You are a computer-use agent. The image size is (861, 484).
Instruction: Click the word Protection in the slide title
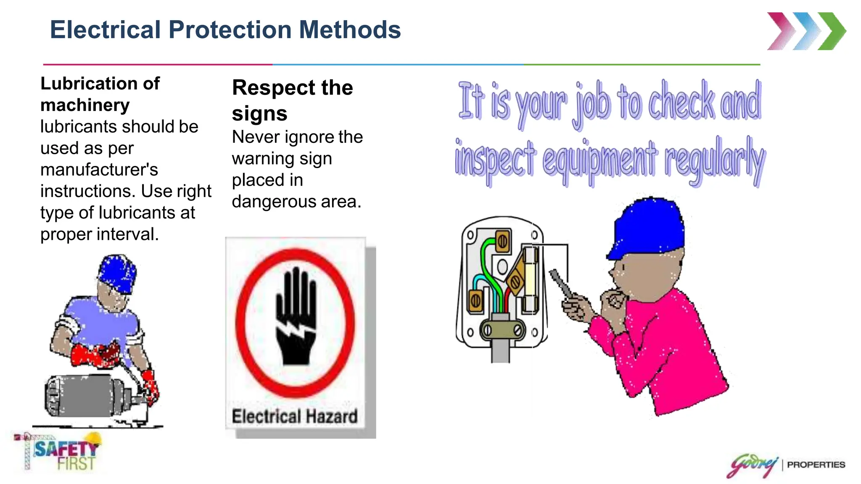click(230, 30)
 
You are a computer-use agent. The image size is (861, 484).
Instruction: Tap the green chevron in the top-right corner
click(833, 32)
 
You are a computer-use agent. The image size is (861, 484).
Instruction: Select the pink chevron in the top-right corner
click(781, 32)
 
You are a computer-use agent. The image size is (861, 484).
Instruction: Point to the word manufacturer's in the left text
click(99, 170)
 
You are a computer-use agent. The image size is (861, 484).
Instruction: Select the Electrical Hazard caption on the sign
click(295, 416)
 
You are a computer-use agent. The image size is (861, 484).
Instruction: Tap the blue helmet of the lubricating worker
click(117, 273)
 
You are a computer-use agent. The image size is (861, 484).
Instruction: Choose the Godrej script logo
click(753, 465)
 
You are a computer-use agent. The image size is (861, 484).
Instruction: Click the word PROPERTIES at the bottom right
click(816, 465)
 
